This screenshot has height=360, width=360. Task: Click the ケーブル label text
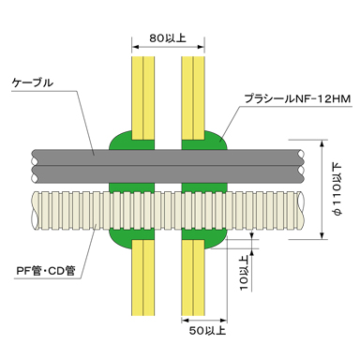(x=33, y=82)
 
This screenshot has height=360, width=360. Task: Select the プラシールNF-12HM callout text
(x=297, y=98)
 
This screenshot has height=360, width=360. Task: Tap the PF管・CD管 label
(x=46, y=271)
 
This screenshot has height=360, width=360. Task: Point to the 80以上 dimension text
(x=168, y=38)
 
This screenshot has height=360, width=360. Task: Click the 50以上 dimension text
(x=207, y=330)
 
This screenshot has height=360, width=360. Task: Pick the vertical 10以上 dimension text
(x=245, y=273)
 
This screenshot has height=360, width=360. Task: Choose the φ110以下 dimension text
(x=337, y=189)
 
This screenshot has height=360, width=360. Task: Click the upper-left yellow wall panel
(x=143, y=97)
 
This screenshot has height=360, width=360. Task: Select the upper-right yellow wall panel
(x=193, y=97)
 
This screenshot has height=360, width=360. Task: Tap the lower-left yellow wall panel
(x=143, y=277)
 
